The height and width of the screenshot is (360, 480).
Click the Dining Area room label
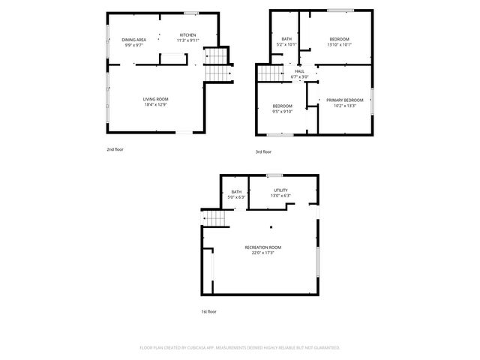point(133,39)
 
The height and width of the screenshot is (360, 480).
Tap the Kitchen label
point(187,35)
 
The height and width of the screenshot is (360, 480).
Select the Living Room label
point(156,99)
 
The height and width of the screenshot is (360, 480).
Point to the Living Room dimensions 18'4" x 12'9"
point(156,104)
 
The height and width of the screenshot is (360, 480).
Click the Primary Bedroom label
point(344,100)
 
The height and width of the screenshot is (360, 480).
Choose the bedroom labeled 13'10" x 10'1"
point(340,39)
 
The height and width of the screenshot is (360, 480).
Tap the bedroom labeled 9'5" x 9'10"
point(282,106)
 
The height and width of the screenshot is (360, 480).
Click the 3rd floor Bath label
point(286,39)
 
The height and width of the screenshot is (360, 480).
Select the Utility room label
point(280,190)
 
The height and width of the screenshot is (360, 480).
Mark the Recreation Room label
point(262,247)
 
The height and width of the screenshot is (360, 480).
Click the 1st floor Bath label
point(236,192)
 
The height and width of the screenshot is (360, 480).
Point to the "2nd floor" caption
point(115,149)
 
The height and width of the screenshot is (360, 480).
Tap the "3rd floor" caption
point(263,152)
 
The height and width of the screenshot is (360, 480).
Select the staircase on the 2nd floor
point(215,65)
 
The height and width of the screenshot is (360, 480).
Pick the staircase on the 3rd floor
point(268,73)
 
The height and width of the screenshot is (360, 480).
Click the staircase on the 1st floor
point(216,217)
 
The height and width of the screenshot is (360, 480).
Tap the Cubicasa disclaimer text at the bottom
point(240,348)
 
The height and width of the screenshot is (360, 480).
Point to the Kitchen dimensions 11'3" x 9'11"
point(187,40)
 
